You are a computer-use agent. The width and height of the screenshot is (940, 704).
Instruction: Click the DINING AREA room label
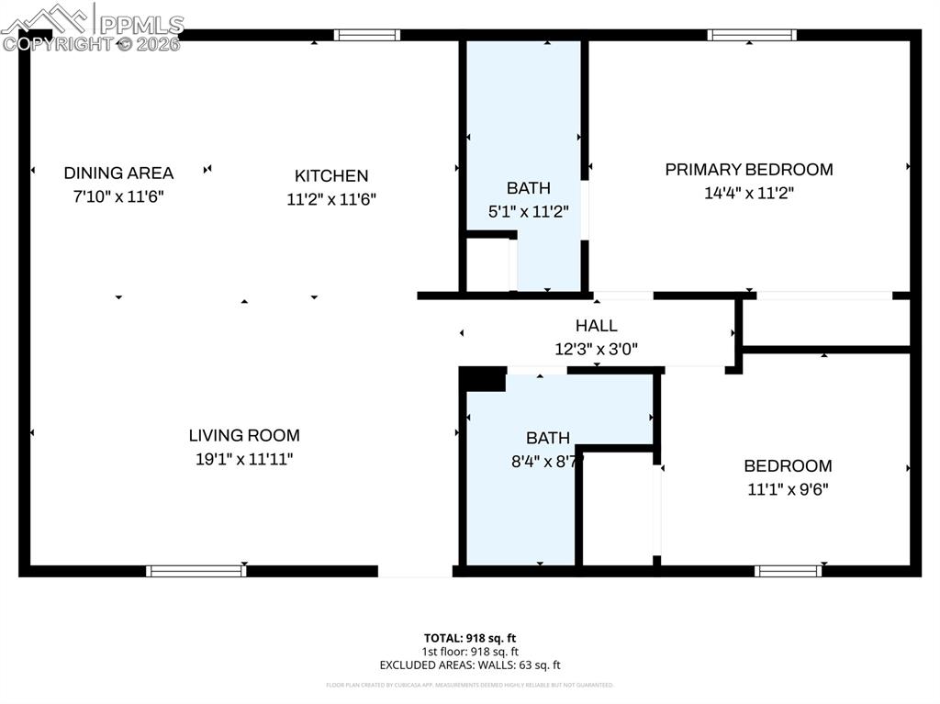point(118,173)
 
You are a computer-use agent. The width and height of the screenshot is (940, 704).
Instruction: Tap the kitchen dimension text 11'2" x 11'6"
point(331,198)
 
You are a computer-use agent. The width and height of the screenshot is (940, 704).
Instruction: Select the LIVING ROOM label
point(244,435)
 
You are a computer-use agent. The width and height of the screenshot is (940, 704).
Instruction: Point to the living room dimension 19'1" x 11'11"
point(244,459)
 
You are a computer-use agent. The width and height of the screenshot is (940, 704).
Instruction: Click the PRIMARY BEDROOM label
point(749,169)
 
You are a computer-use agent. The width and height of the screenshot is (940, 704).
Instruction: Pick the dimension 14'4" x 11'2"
point(749,193)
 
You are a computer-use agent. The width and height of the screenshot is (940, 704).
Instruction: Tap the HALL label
point(597,325)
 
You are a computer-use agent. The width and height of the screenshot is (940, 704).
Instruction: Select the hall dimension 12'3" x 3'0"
point(597,349)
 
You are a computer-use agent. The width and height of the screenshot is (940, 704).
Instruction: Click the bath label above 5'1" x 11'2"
point(529,187)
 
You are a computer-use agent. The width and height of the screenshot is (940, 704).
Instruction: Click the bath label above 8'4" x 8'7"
point(548,438)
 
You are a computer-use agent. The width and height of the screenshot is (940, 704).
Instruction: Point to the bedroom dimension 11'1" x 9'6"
point(788,489)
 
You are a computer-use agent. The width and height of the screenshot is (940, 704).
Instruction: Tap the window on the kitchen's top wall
point(366,35)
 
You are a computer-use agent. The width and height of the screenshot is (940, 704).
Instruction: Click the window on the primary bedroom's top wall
point(751,35)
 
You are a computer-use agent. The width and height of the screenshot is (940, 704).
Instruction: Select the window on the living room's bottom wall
point(196,571)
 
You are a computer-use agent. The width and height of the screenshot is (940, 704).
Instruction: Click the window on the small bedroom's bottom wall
point(788,571)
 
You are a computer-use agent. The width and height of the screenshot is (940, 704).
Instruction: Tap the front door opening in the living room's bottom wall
point(415,571)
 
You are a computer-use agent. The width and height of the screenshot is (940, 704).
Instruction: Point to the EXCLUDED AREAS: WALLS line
point(470,665)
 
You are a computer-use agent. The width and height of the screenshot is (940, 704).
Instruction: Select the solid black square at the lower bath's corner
point(482,379)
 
